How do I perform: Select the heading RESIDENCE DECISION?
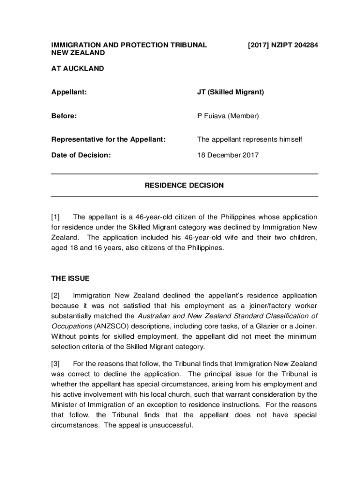pyautogui.click(x=184, y=186)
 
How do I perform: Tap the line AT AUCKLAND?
pyautogui.click(x=78, y=69)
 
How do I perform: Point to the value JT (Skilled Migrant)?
pyautogui.click(x=230, y=92)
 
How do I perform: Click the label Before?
pyautogui.click(x=64, y=116)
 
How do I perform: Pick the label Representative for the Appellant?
pyautogui.click(x=108, y=139)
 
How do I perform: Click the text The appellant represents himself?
pyautogui.click(x=250, y=139)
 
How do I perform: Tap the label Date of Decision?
pyautogui.click(x=81, y=155)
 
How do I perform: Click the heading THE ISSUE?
pyautogui.click(x=70, y=278)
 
